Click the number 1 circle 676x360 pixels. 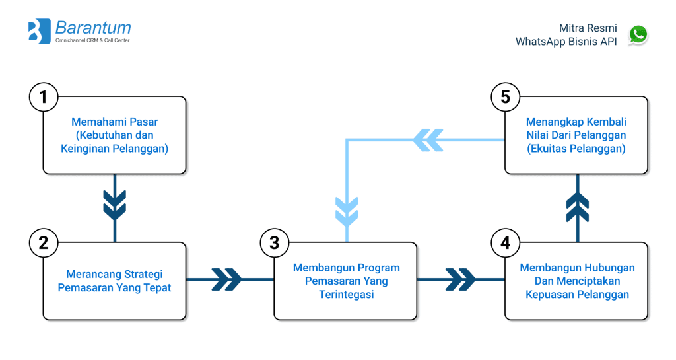(44, 97)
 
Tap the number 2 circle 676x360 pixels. (44, 242)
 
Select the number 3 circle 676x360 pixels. (275, 242)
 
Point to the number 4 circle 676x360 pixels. (506, 242)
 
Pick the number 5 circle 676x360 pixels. (506, 97)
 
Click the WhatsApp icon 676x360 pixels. (638, 34)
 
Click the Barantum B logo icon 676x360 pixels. (40, 31)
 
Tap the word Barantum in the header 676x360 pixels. (93, 28)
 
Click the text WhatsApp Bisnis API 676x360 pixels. (566, 42)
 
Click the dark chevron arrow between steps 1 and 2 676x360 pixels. (115, 205)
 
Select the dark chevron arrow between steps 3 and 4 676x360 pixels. (460, 279)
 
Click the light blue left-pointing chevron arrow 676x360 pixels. (428, 139)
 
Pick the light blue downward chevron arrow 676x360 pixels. (347, 209)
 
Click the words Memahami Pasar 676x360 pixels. (115, 122)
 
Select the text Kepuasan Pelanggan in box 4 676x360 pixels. (577, 295)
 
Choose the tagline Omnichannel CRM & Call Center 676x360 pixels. (92, 41)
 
